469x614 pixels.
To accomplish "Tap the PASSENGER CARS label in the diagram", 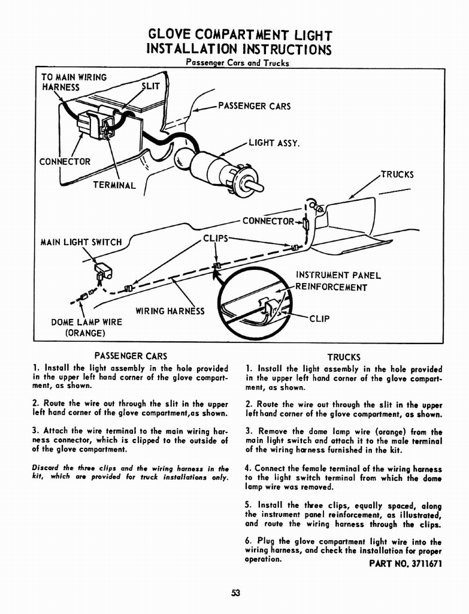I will point(254,107).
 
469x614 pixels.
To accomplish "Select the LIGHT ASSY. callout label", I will point(274,143).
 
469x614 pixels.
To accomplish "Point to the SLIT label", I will point(151,86).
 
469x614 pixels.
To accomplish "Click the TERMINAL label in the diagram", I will point(114,185).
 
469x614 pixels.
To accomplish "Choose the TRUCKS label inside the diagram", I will point(397,175).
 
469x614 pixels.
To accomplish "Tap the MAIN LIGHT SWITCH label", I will point(81,242).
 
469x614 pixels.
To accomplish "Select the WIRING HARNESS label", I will point(170,311).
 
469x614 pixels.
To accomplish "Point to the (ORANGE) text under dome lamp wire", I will point(85,332).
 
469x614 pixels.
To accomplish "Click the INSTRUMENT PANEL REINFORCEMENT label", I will point(338,281).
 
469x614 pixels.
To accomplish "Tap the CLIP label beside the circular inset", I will point(319,318).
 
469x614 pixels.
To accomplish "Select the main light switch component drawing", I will point(104,272).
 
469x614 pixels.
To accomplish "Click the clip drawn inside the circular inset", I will point(267,308).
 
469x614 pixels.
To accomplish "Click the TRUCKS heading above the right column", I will point(344,357).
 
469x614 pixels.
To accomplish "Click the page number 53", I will point(235,593).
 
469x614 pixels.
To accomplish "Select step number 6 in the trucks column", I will point(249,542).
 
